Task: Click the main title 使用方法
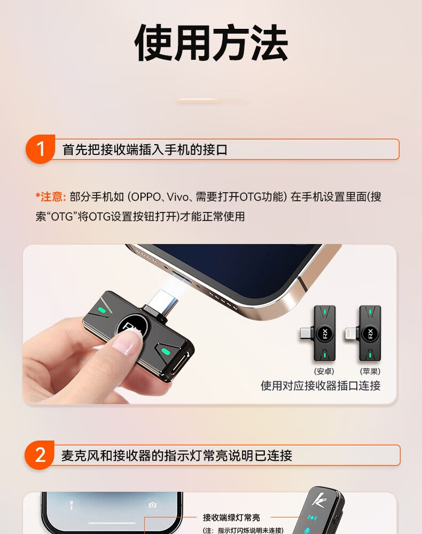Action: pyautogui.click(x=211, y=43)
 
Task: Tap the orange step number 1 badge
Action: pyautogui.click(x=40, y=149)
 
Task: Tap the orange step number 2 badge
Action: pyautogui.click(x=40, y=455)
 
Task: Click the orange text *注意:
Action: pyautogui.click(x=50, y=197)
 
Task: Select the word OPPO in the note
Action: pyautogui.click(x=146, y=197)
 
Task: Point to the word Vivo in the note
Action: pyautogui.click(x=178, y=197)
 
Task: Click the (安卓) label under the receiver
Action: pyautogui.click(x=324, y=371)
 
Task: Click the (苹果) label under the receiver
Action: pyautogui.click(x=370, y=371)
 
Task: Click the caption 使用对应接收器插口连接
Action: pyautogui.click(x=321, y=386)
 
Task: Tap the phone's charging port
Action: pyautogui.click(x=180, y=275)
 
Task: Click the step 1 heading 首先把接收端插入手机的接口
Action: pyautogui.click(x=145, y=150)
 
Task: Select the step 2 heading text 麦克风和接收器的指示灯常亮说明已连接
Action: pyautogui.click(x=177, y=456)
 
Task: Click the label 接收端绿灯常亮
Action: pyautogui.click(x=231, y=517)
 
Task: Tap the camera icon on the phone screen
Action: pyautogui.click(x=153, y=505)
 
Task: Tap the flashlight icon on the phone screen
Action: pyautogui.click(x=71, y=505)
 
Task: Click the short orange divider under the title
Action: pyautogui.click(x=210, y=100)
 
